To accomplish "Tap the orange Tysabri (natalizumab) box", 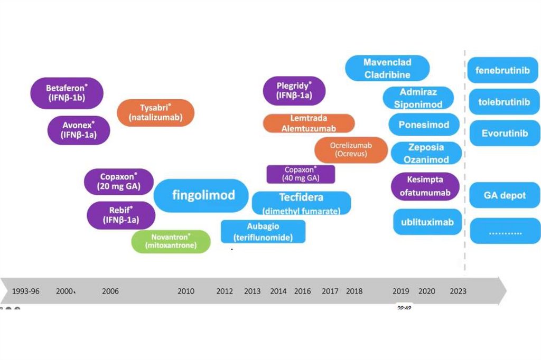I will coord(155,112).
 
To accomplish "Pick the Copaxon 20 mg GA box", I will coord(119,182).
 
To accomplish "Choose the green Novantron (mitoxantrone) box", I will coord(171,241).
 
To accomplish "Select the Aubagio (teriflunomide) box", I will coord(263,231).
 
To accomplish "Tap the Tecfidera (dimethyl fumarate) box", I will coord(301,203).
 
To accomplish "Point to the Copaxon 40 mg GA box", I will coord(301,174).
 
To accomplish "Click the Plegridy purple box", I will coord(294,91).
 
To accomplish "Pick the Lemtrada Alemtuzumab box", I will coord(309,123).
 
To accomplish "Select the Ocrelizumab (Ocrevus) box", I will coord(351,149).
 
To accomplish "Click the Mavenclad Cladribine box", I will coord(387,68).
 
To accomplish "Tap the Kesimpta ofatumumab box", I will coord(425,186).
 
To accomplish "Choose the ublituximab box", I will coord(424,222).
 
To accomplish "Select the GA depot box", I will coord(505,195).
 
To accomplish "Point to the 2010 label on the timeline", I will coord(186,291).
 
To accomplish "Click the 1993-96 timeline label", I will coord(26,291).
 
